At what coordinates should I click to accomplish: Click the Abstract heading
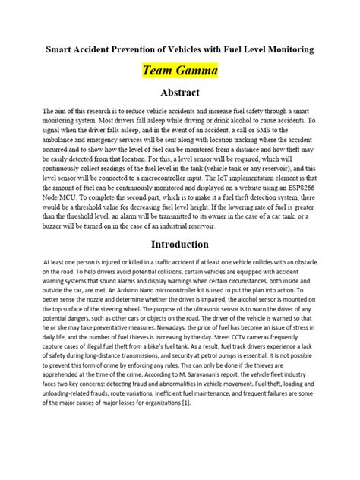[x=179, y=93]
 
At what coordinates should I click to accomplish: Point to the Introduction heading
[x=179, y=244]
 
